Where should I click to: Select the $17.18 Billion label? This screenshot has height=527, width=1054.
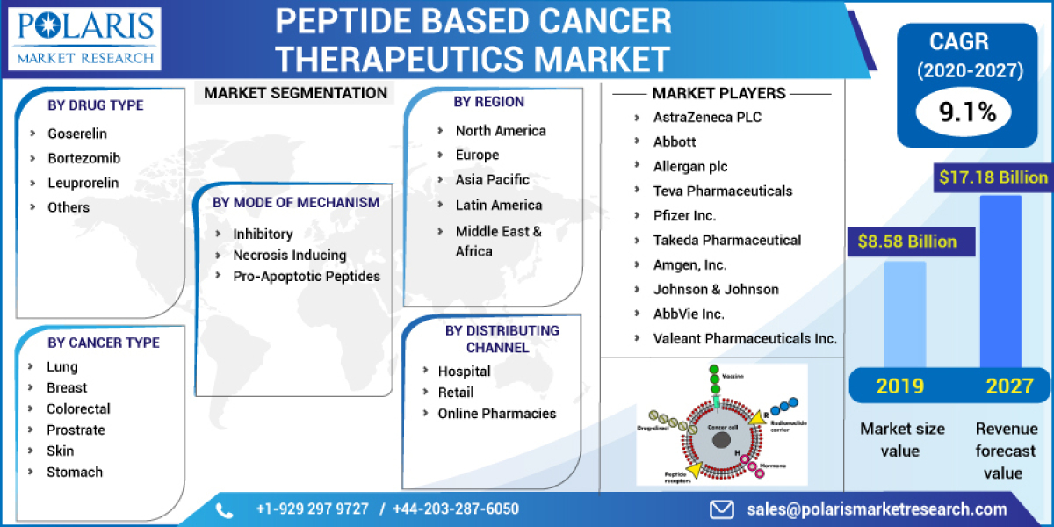993,177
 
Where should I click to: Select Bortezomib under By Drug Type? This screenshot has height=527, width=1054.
83,158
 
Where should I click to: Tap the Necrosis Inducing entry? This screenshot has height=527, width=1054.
289,255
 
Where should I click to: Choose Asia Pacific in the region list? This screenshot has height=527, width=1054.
492,179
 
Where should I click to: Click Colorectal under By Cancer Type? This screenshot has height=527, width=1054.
78,408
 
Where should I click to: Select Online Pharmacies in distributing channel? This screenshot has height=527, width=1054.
496,413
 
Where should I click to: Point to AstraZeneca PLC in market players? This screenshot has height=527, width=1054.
707,117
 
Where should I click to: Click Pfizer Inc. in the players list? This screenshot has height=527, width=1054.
684,215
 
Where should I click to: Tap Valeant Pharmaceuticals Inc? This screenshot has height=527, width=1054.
745,338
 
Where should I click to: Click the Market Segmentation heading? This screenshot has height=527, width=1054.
295,93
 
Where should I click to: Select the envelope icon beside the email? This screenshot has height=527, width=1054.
722,509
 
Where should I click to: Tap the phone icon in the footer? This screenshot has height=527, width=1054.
225,509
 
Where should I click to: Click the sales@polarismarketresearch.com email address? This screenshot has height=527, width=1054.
877,509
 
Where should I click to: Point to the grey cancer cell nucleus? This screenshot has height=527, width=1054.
720,440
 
